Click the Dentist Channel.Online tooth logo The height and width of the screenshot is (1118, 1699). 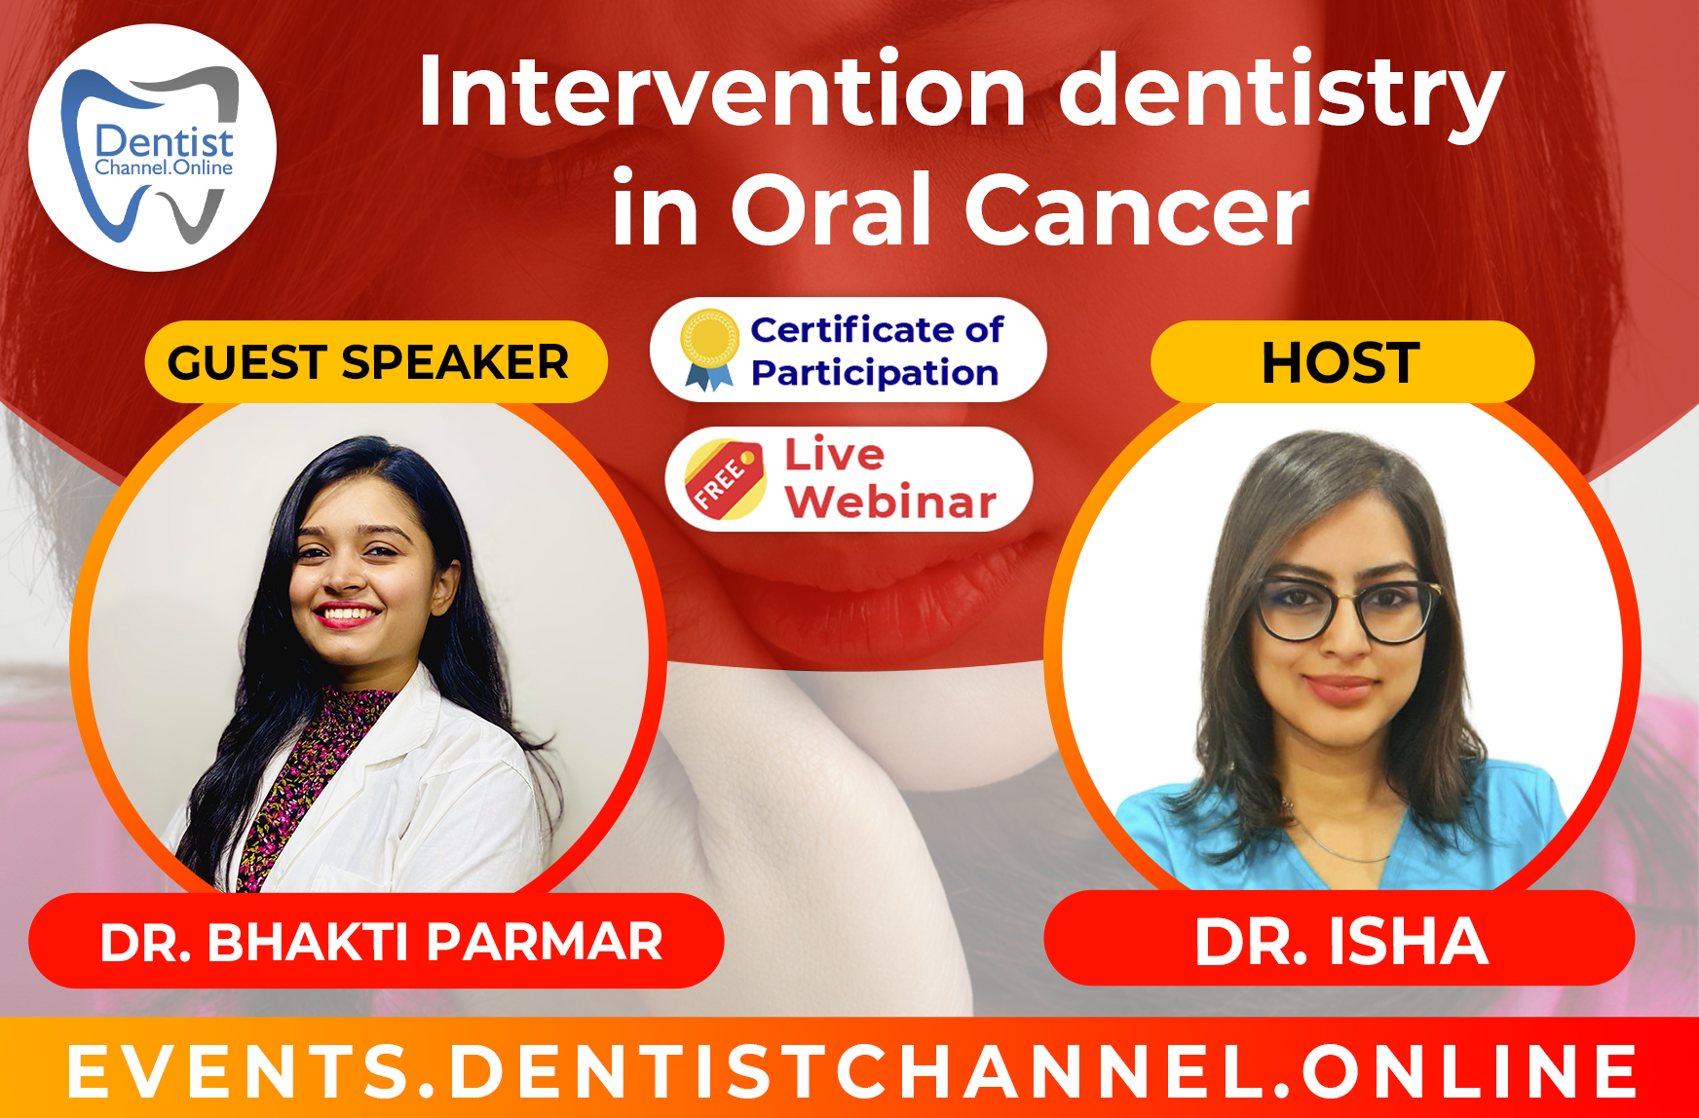153,149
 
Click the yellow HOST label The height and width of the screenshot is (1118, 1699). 1340,362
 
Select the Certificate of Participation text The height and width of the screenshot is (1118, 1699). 875,351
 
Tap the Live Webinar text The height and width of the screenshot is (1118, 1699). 888,479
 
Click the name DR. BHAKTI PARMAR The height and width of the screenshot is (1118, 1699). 380,942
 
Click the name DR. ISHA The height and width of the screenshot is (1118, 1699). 1340,942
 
